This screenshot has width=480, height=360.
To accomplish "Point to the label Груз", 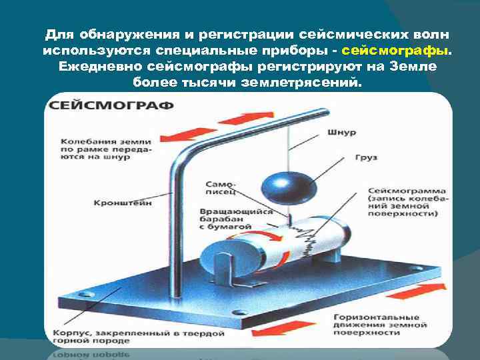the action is (x=370, y=157).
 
